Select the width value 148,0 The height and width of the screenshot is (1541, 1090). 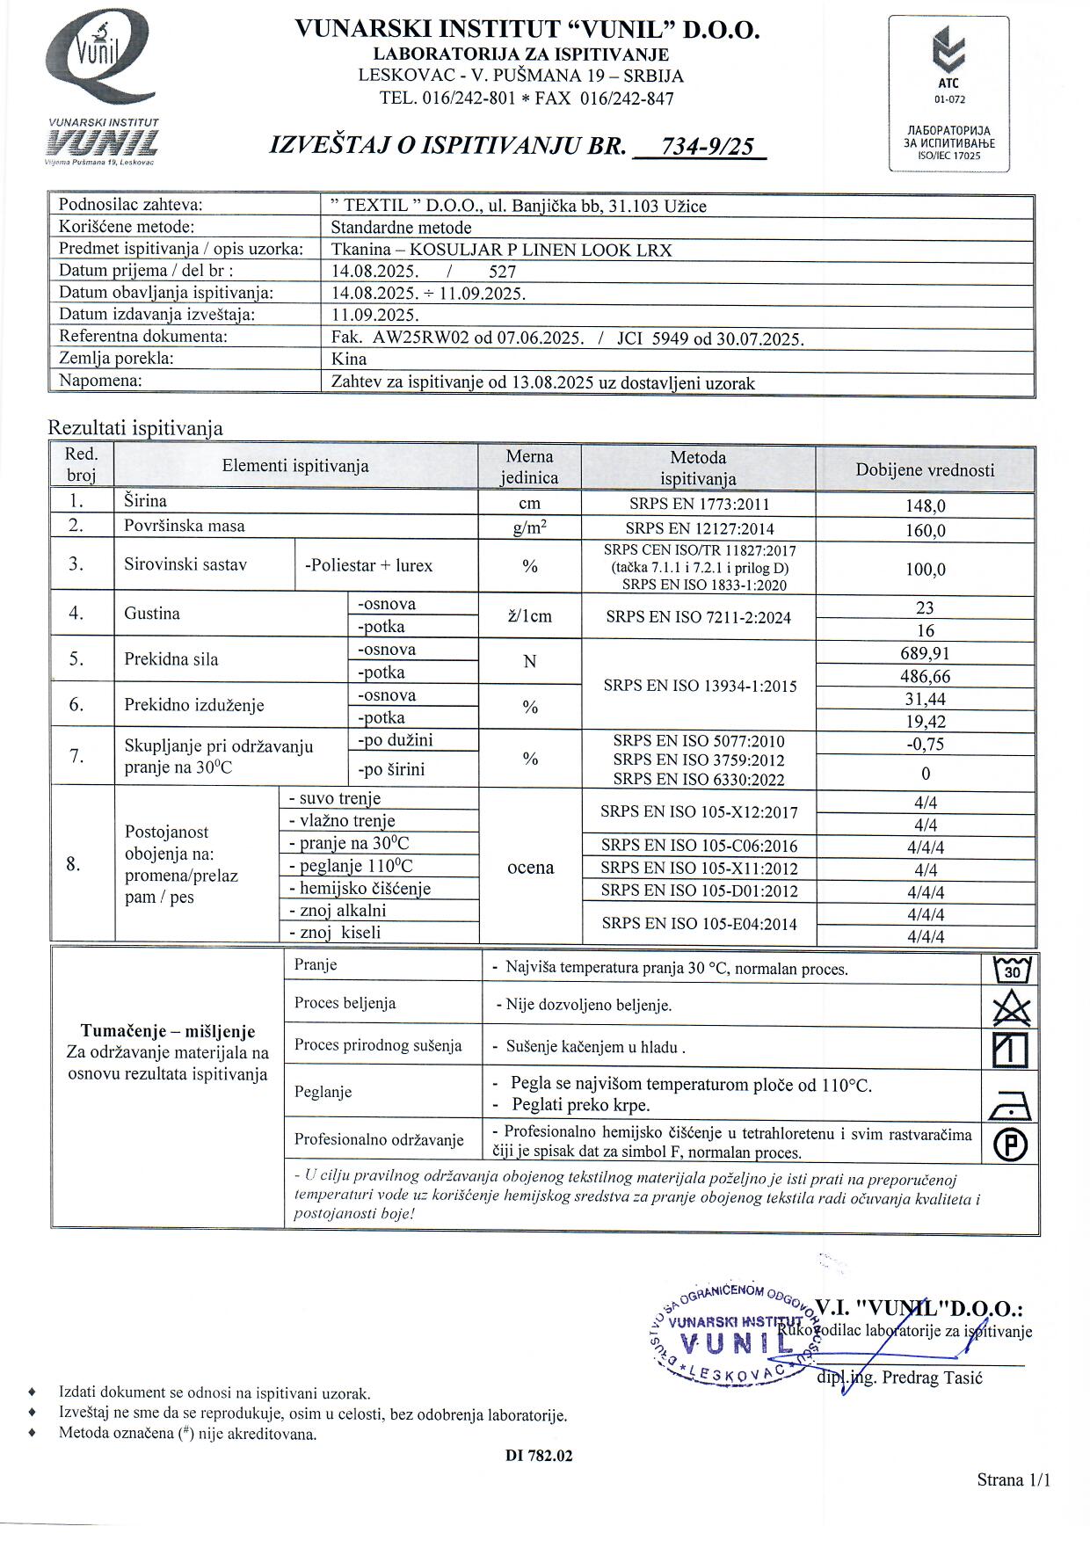(925, 506)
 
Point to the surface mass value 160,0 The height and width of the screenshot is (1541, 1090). (925, 530)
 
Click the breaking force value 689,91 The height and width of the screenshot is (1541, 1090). (925, 653)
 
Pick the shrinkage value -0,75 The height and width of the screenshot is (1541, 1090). (925, 744)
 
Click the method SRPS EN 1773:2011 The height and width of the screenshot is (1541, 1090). (699, 505)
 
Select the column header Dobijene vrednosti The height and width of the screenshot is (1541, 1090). (925, 469)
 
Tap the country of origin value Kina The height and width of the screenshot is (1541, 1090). (349, 359)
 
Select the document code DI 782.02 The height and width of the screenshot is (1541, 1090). (539, 1456)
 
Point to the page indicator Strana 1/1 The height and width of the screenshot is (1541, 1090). (1013, 1479)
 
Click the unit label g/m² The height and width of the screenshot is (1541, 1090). (529, 527)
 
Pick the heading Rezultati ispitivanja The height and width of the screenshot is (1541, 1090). (135, 428)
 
